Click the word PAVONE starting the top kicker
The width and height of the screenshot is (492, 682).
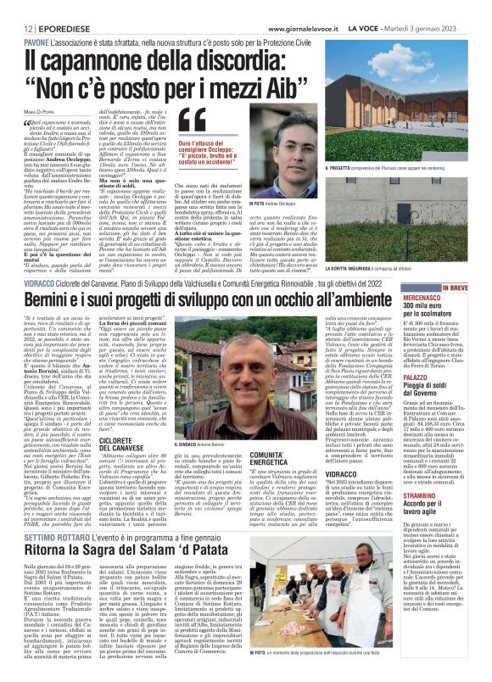point(36,42)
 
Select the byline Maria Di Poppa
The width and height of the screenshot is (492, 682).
point(42,116)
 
